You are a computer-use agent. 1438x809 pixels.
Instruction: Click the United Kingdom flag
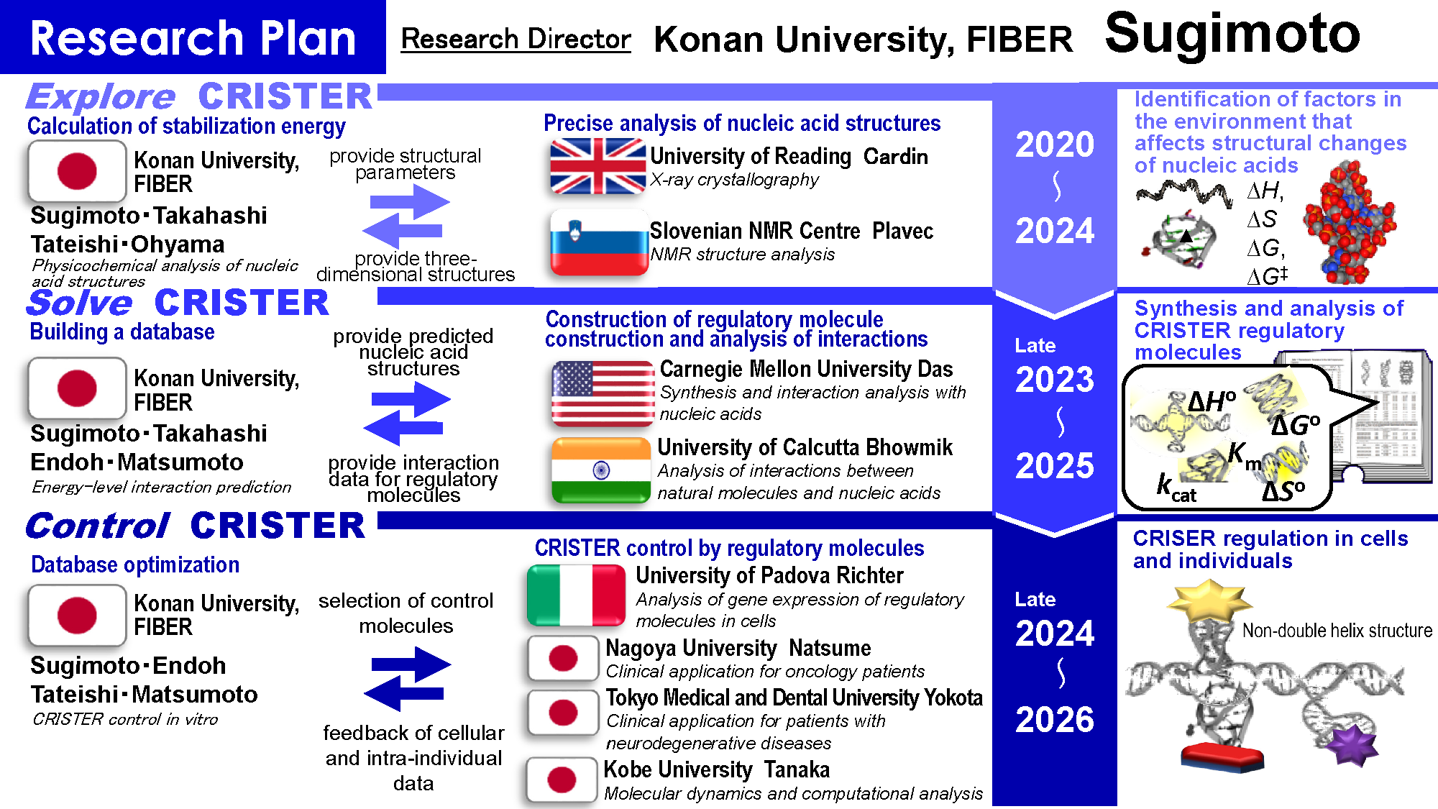pos(597,166)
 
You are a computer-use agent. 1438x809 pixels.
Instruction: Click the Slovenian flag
pos(599,242)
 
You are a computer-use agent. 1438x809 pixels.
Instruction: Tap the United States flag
pos(603,394)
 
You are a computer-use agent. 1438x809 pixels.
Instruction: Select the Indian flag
pos(601,470)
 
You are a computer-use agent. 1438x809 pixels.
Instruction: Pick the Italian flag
pos(576,595)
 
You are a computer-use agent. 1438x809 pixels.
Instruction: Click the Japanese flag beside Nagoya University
pos(563,658)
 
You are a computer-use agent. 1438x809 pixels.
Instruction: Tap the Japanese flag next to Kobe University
pos(562,780)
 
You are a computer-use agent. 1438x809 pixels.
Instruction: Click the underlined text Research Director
pos(516,39)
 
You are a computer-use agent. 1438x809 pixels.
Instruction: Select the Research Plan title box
pos(193,37)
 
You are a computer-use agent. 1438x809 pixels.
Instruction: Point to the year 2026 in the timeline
pos(1055,719)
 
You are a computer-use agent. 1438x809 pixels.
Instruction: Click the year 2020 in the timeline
pos(1055,144)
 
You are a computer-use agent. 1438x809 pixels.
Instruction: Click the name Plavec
pos(903,231)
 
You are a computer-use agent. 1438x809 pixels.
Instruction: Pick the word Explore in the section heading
pos(100,96)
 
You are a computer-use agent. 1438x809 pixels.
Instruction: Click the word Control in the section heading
pos(98,526)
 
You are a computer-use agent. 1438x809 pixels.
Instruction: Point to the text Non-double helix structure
pos(1337,631)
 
